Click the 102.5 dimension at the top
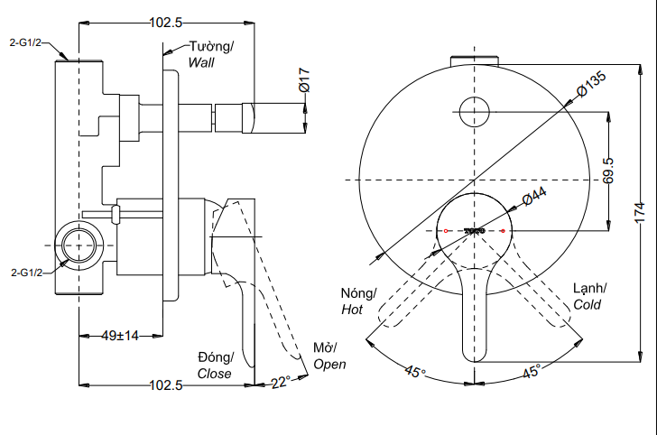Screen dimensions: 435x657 [166, 23]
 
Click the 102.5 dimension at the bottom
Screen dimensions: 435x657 [166, 384]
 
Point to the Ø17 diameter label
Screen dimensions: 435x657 [304, 84]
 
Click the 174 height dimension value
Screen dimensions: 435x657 [640, 212]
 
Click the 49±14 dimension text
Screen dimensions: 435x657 [119, 336]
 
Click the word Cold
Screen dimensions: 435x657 [587, 304]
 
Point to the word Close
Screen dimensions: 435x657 [215, 373]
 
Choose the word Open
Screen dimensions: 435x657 [329, 364]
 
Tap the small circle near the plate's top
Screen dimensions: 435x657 [474, 112]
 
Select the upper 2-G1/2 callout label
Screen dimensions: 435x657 [25, 42]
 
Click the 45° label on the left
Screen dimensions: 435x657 [415, 371]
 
